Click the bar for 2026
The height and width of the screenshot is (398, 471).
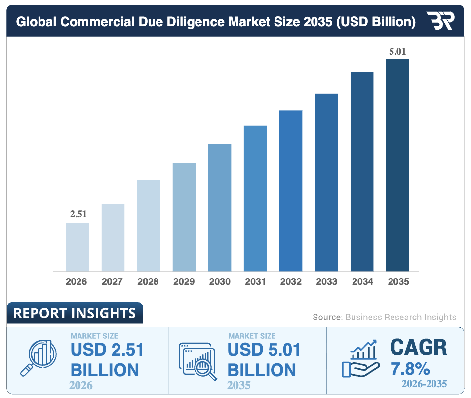click(78, 247)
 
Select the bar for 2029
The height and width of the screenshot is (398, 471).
click(184, 217)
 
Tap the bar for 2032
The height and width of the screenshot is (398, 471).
click(291, 191)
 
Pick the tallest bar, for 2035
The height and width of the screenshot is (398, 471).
click(397, 165)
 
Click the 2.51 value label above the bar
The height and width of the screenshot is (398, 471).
click(78, 214)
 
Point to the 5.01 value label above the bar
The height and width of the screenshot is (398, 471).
click(397, 51)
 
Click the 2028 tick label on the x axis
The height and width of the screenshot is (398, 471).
click(148, 282)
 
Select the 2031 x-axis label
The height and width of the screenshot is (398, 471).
click(255, 282)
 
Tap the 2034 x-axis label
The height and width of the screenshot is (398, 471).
click(362, 282)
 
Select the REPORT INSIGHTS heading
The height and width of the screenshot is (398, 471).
click(75, 313)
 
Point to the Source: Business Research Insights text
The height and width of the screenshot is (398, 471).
click(384, 317)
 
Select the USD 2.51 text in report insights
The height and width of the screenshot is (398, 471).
click(107, 350)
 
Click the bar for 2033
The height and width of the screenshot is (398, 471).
click(326, 182)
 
